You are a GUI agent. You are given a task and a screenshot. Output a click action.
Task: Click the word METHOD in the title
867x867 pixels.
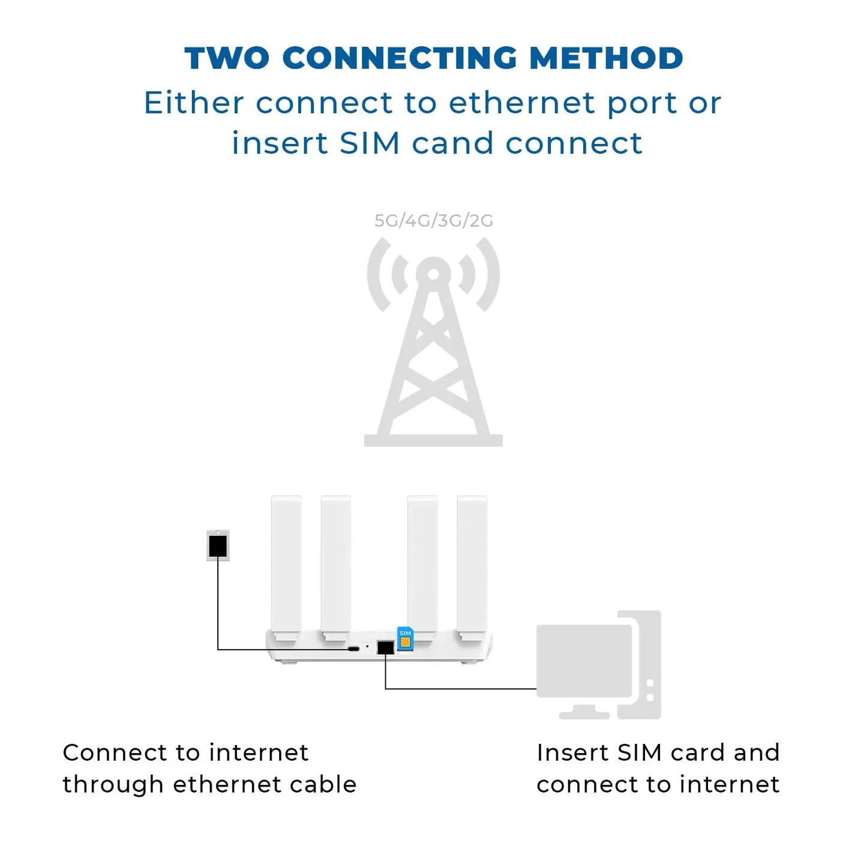(x=606, y=59)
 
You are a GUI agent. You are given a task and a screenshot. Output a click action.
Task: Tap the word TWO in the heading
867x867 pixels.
(x=227, y=59)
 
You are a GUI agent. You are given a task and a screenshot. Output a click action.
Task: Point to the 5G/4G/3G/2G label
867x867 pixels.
(x=433, y=221)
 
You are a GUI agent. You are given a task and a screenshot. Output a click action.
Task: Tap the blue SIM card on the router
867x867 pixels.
(x=405, y=638)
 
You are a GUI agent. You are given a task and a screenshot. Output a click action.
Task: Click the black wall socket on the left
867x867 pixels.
(x=218, y=546)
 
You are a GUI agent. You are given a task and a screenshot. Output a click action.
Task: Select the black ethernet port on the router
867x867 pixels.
(x=385, y=647)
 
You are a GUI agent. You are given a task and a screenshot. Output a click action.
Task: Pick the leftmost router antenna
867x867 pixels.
(x=286, y=564)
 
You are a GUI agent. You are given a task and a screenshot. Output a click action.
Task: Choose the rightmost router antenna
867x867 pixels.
(x=472, y=564)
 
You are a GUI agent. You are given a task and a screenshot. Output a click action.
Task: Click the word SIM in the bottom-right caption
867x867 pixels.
(x=640, y=753)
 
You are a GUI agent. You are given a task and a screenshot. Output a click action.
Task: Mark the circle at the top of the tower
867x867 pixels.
(x=433, y=273)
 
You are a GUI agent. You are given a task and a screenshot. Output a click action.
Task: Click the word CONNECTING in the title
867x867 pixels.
(x=399, y=59)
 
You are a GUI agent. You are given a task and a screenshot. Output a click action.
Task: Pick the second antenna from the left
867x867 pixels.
(x=335, y=564)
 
